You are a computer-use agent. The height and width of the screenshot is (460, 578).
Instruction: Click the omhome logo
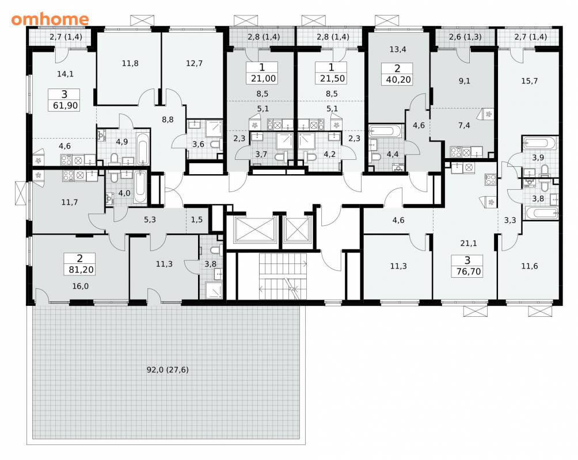pyautogui.click(x=50, y=19)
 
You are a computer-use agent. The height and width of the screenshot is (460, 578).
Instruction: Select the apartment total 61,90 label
pyautogui.click(x=66, y=106)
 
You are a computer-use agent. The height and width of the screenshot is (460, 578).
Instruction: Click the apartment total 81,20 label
pyautogui.click(x=81, y=270)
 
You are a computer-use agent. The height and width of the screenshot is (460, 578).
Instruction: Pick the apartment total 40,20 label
pyautogui.click(x=398, y=79)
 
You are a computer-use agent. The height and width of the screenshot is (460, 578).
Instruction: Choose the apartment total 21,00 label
pyautogui.click(x=263, y=78)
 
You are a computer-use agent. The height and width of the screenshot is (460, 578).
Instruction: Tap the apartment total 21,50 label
pyautogui.click(x=332, y=78)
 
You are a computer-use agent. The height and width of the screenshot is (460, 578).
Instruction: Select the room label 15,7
pyautogui.click(x=529, y=81)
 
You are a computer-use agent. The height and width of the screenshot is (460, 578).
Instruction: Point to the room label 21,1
pyautogui.click(x=469, y=243)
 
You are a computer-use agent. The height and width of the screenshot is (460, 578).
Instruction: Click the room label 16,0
pyautogui.click(x=81, y=286)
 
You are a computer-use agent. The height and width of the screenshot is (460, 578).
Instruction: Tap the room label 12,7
pyautogui.click(x=194, y=63)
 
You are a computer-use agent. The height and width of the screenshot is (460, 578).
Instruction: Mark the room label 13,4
pyautogui.click(x=398, y=49)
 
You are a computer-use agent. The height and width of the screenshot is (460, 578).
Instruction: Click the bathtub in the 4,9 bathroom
pyautogui.click(x=143, y=149)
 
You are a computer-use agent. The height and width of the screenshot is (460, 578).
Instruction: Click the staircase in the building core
pyautogui.click(x=283, y=277)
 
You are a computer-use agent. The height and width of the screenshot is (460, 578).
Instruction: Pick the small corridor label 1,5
pyautogui.click(x=197, y=220)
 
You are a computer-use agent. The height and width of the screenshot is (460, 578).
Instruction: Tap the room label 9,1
pyautogui.click(x=465, y=81)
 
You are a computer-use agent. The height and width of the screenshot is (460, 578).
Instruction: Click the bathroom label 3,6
pyautogui.click(x=198, y=144)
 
